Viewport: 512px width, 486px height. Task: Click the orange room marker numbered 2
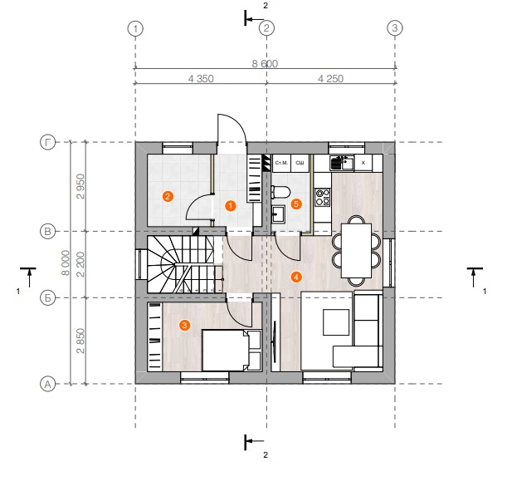click(x=168, y=196)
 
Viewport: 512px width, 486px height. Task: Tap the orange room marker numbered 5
click(x=296, y=204)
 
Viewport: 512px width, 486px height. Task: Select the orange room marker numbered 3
click(x=185, y=325)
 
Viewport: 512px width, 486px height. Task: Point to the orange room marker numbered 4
click(x=296, y=277)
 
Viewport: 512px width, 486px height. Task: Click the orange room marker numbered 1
click(x=231, y=206)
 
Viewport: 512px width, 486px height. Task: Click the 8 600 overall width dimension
click(x=265, y=63)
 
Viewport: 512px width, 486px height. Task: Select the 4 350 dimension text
click(x=201, y=79)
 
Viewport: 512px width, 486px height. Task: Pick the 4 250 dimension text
click(x=330, y=79)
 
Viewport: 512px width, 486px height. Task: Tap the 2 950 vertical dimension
click(x=80, y=186)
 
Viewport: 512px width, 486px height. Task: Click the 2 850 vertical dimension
click(x=80, y=341)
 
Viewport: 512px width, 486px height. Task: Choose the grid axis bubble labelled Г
click(x=47, y=143)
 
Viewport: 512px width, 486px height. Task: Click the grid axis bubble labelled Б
click(x=47, y=298)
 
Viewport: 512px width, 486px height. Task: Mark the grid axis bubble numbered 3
click(x=395, y=28)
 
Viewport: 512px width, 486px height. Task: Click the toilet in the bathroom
click(x=280, y=192)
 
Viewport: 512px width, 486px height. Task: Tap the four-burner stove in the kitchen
click(x=322, y=197)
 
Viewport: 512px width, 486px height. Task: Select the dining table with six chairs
click(x=356, y=251)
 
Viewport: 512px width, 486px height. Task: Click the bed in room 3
click(x=232, y=350)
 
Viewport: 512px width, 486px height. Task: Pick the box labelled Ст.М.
click(x=281, y=163)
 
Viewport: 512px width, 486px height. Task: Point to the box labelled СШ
click(x=300, y=163)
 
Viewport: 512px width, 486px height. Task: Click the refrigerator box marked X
click(x=363, y=163)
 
